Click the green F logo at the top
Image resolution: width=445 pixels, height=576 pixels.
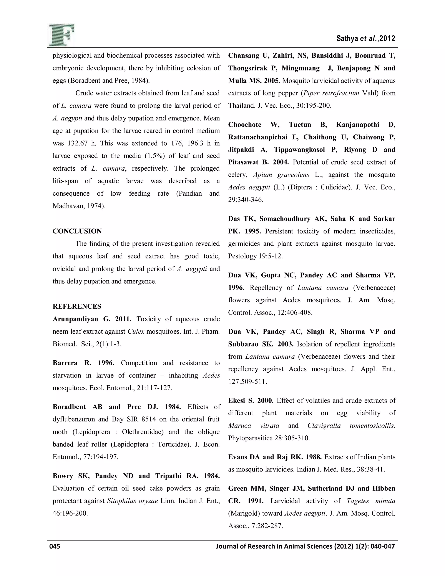pos(61,35)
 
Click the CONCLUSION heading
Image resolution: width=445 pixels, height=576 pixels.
pos(77,231)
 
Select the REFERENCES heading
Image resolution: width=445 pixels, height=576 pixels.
pos(77,306)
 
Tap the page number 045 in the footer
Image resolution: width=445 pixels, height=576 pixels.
pos(55,546)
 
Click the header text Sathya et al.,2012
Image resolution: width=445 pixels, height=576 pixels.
pos(366,38)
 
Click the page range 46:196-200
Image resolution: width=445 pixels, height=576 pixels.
pos(70,513)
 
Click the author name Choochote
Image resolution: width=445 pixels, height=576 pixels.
pos(245,125)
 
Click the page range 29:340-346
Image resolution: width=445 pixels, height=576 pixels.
pos(246,200)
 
